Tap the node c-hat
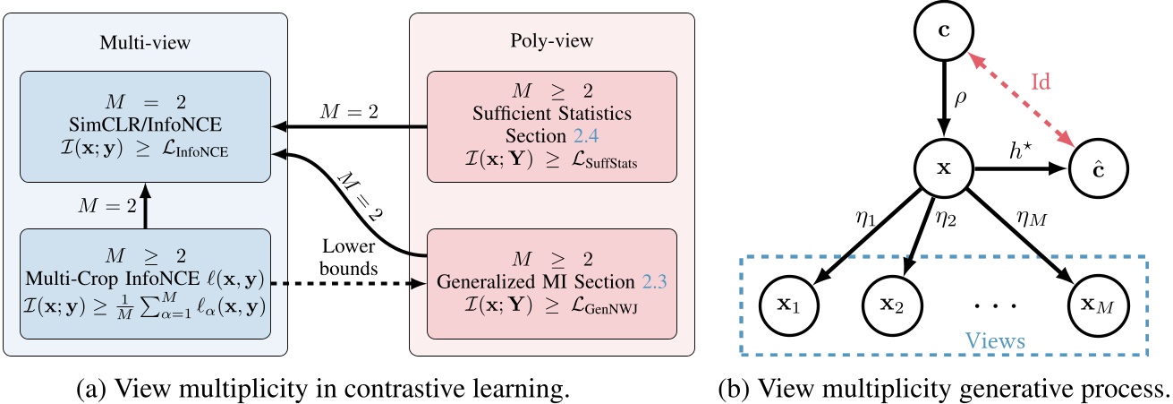coord(1099,168)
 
